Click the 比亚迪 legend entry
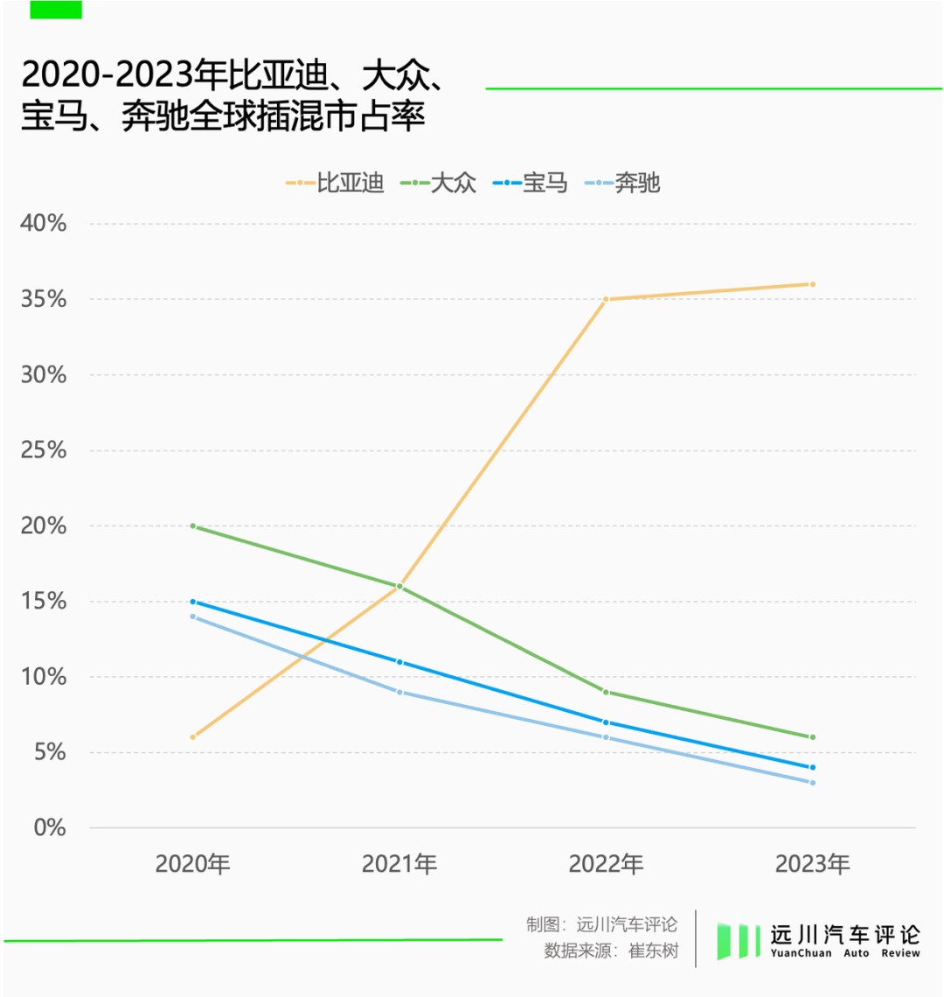click(335, 183)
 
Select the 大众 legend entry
click(439, 183)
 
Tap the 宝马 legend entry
click(531, 183)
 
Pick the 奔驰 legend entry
click(622, 183)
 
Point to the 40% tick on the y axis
click(44, 223)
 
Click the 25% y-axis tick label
click(44, 450)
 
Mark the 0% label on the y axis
click(50, 827)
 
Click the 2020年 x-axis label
click(192, 864)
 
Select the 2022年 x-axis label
click(606, 864)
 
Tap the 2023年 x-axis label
click(812, 864)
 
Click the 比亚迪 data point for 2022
click(606, 299)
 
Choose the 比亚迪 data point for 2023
click(812, 284)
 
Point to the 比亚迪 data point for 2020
click(193, 737)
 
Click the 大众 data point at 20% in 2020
click(193, 526)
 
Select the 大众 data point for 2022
click(606, 692)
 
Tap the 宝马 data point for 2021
click(399, 662)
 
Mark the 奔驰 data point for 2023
click(812, 783)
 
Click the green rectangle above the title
click(56, 10)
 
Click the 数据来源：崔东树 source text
click(611, 951)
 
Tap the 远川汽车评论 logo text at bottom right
click(844, 934)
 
